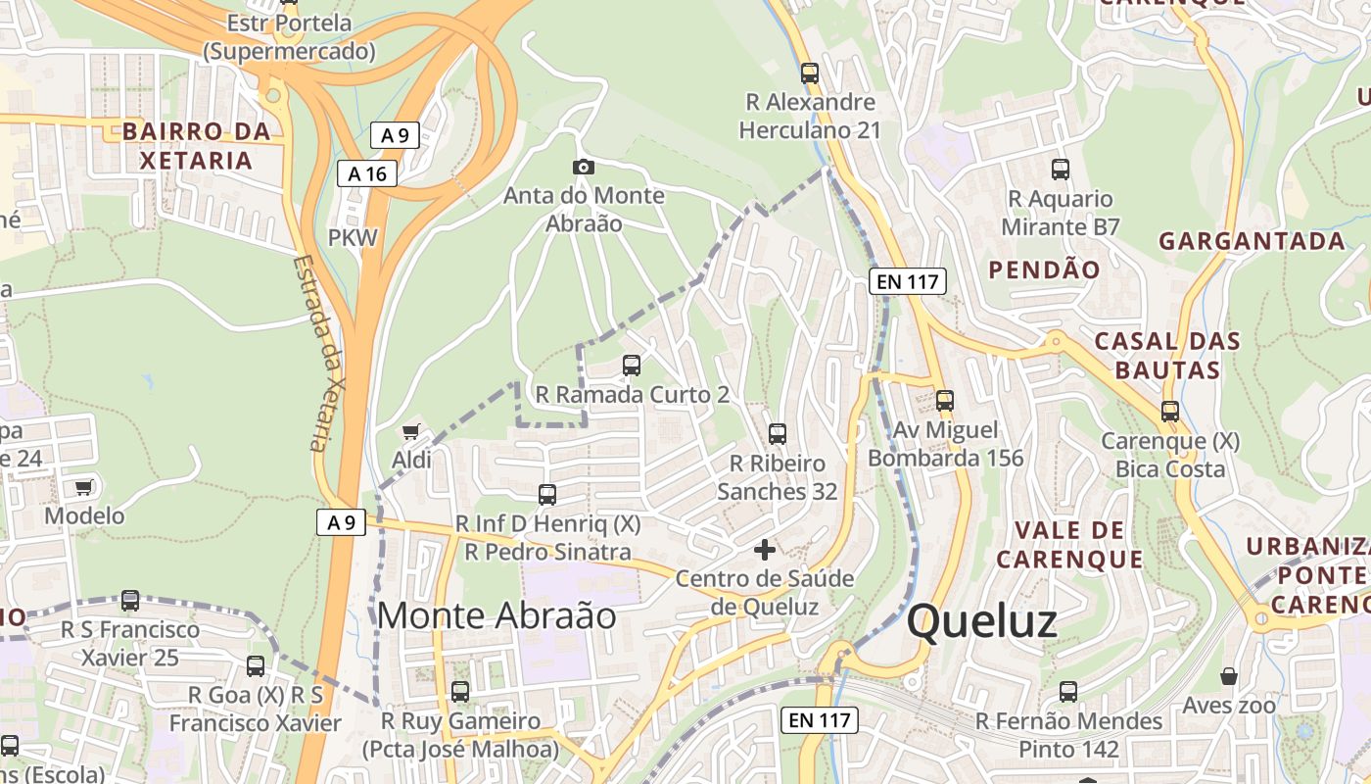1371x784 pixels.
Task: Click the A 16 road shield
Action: click(x=367, y=174)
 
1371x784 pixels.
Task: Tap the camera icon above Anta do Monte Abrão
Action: click(x=584, y=167)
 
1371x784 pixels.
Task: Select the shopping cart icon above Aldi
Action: click(x=411, y=431)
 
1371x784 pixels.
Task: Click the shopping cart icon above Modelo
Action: click(x=84, y=487)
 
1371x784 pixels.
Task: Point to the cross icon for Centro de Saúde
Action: click(x=765, y=550)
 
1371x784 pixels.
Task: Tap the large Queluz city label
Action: click(x=981, y=622)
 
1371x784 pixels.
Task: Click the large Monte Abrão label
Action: click(x=496, y=615)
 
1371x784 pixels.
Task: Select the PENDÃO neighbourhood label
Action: click(x=1044, y=269)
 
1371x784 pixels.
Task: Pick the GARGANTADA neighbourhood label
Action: click(x=1252, y=241)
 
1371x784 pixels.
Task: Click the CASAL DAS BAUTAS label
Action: click(x=1167, y=356)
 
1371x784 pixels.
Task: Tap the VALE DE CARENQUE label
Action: click(x=1069, y=545)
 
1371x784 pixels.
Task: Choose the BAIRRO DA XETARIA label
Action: click(x=196, y=146)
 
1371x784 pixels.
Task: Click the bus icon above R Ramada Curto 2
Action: click(x=632, y=366)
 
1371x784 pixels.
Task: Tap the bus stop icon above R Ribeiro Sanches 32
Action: click(x=778, y=433)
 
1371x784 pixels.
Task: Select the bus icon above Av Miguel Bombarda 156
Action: click(x=945, y=400)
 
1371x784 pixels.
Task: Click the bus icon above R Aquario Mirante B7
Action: click(x=1060, y=170)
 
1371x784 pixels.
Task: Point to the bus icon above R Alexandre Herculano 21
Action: click(x=809, y=73)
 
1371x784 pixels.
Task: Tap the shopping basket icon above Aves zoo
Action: click(x=1229, y=676)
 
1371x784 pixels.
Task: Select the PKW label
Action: click(x=353, y=237)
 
